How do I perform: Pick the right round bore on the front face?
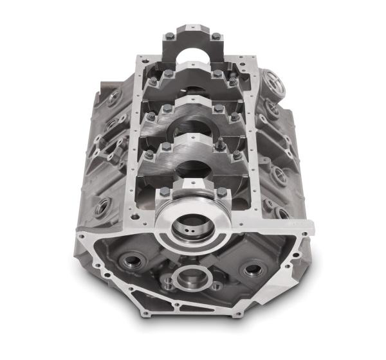click(253, 267)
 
